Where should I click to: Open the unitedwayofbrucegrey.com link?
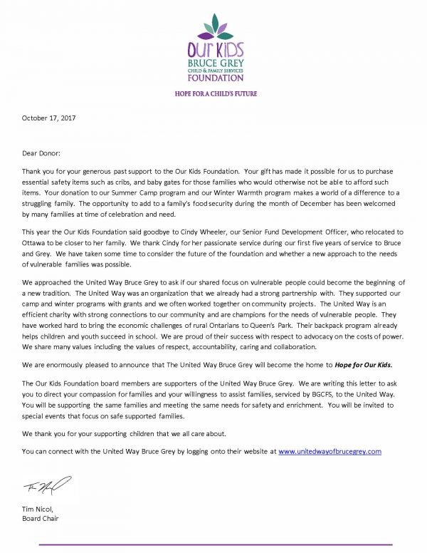[330, 452]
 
